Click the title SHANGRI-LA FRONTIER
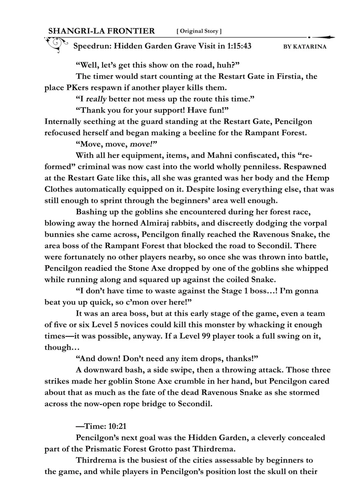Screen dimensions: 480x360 [x=101, y=31]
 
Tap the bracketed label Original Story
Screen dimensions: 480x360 [x=199, y=31]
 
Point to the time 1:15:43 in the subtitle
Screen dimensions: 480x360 [x=239, y=46]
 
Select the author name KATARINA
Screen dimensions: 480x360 [x=310, y=47]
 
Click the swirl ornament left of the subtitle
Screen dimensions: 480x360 [x=56, y=44]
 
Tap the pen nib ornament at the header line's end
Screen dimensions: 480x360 [x=324, y=37]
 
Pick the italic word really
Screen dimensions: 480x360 [x=96, y=99]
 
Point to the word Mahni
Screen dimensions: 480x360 [x=220, y=156]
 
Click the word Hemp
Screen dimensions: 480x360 [x=317, y=178]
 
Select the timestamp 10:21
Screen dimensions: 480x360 [x=118, y=426]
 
